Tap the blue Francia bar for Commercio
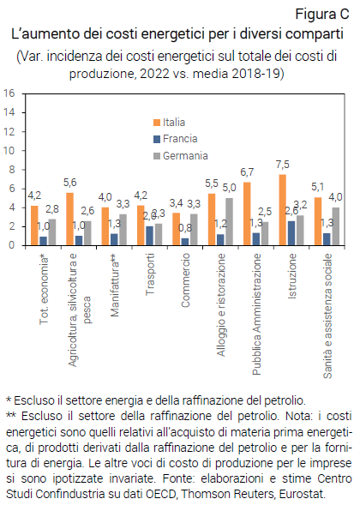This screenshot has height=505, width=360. [x=185, y=241]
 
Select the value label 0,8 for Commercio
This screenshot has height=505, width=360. [x=185, y=228]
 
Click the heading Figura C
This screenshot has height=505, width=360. [x=321, y=14]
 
